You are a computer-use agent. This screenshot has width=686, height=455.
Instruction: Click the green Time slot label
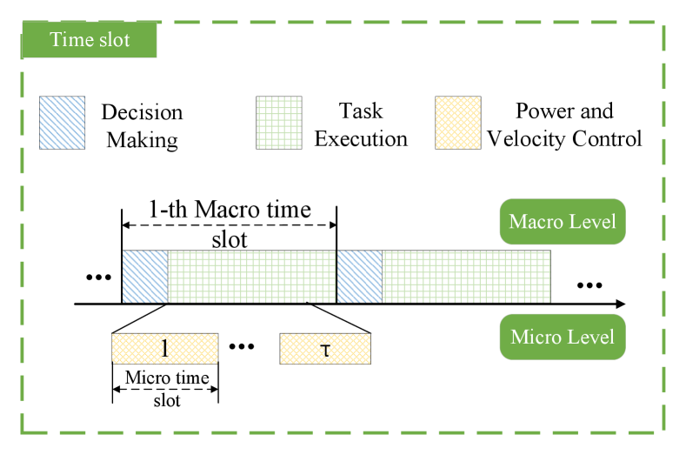tap(90, 40)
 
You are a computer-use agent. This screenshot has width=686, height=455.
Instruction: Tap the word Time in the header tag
tap(70, 40)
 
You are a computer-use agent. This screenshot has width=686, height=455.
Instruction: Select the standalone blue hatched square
tap(62, 123)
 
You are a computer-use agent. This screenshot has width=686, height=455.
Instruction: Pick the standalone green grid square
tap(279, 123)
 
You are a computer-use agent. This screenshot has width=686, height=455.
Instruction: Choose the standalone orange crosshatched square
tap(458, 123)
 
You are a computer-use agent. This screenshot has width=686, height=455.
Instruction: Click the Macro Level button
tap(563, 222)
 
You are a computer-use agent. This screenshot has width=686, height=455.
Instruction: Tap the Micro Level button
tap(563, 337)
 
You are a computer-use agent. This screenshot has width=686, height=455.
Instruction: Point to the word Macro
tap(535, 222)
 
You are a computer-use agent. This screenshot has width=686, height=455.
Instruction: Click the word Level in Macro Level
tap(592, 222)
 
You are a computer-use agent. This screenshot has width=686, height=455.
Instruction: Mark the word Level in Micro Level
tap(592, 337)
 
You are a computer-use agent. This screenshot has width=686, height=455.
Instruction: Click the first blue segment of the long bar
tap(145, 277)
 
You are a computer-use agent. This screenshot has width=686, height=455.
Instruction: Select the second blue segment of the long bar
tap(360, 277)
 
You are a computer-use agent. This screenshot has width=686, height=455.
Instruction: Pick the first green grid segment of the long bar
tap(251, 277)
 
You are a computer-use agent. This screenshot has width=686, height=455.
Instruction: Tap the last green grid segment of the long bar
tap(466, 277)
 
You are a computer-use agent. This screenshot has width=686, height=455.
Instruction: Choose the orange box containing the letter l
tap(164, 349)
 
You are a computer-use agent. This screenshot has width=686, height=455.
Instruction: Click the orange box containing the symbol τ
tap(325, 349)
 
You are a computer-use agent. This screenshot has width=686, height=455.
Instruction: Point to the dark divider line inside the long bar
tap(336, 277)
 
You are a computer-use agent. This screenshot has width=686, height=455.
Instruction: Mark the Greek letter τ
tap(325, 351)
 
